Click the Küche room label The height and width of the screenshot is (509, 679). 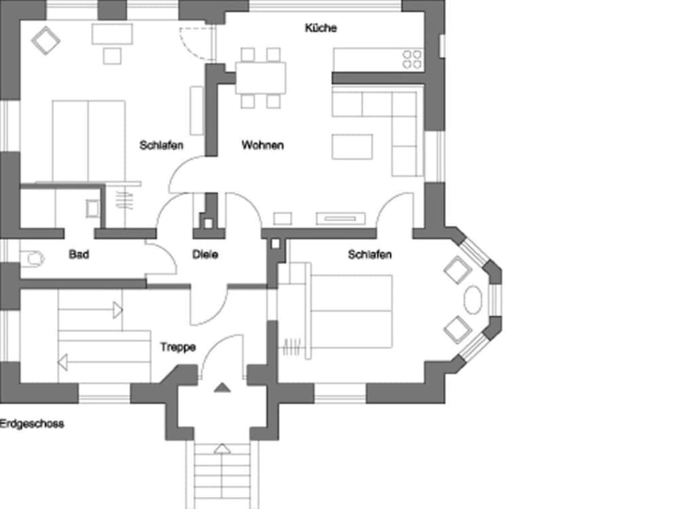pyautogui.click(x=321, y=28)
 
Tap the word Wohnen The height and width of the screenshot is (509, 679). pyautogui.click(x=263, y=145)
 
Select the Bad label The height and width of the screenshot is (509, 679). pyautogui.click(x=79, y=254)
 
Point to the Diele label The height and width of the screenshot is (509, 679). pyautogui.click(x=205, y=254)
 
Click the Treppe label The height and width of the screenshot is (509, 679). pyautogui.click(x=178, y=347)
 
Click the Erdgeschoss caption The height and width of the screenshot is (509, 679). pyautogui.click(x=32, y=423)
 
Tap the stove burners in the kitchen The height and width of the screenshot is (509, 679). pyautogui.click(x=412, y=59)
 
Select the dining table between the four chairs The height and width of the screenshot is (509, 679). pyautogui.click(x=261, y=78)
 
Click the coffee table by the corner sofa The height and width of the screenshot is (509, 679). pyautogui.click(x=352, y=147)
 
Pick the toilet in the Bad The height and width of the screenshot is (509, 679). pyautogui.click(x=33, y=259)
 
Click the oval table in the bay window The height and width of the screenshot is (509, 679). pyautogui.click(x=473, y=299)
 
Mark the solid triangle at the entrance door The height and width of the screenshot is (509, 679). pyautogui.click(x=222, y=388)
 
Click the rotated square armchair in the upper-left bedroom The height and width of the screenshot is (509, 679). pyautogui.click(x=45, y=41)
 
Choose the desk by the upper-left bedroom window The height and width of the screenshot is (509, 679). pyautogui.click(x=112, y=34)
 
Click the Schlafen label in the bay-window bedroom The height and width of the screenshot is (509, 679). pyautogui.click(x=370, y=254)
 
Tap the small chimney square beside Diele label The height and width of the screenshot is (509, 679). pyautogui.click(x=208, y=224)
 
